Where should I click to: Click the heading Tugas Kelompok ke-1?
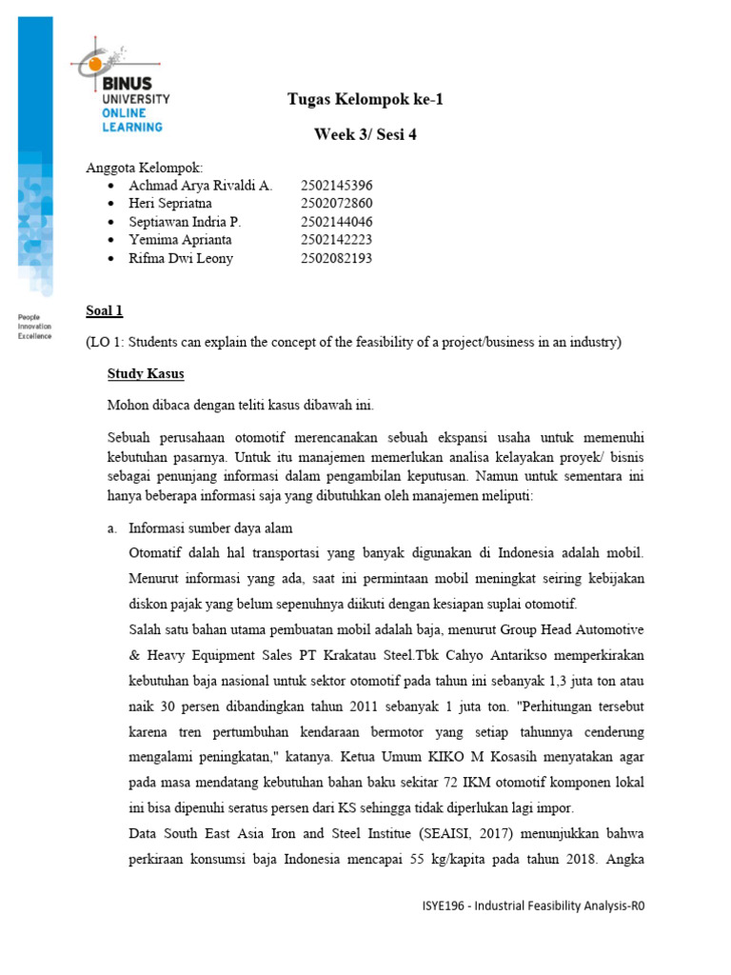pos(365,100)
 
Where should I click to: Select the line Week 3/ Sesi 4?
pos(365,134)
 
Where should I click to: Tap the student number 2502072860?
pos(336,204)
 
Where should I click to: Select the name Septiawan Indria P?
pos(185,222)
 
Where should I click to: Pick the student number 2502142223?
pos(336,240)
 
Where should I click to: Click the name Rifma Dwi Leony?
pos(181,258)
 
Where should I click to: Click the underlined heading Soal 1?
pos(104,310)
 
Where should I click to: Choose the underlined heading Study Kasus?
pos(146,373)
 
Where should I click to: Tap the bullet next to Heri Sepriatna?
pos(113,204)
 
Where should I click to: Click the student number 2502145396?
pos(336,186)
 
